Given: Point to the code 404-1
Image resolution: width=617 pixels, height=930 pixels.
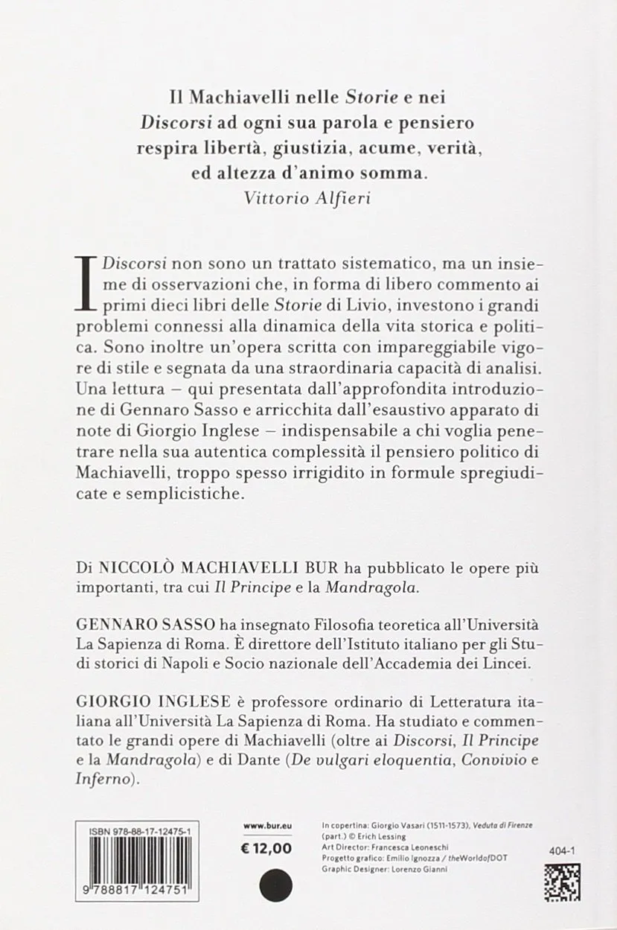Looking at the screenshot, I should click(x=564, y=849).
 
